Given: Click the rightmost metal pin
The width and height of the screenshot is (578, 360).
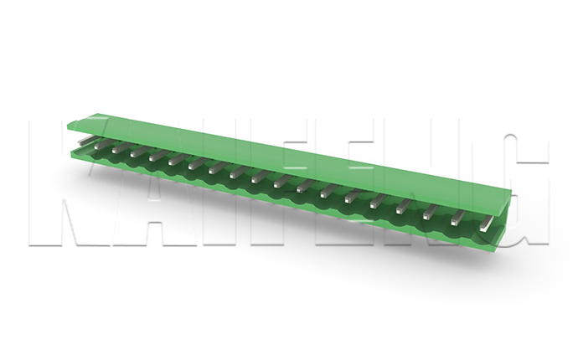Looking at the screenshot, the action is [x=486, y=224].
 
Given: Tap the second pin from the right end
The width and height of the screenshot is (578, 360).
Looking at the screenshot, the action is [x=458, y=218].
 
